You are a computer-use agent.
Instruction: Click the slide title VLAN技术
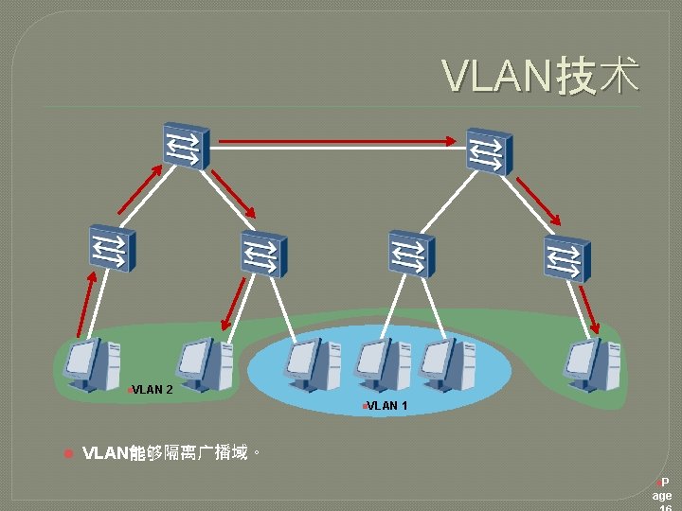[x=541, y=77]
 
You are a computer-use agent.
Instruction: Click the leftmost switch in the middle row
[x=112, y=248]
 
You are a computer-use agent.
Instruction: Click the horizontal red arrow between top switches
[x=336, y=142]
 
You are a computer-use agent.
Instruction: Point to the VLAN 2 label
[x=152, y=389]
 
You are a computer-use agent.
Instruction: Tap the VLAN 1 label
[x=386, y=406]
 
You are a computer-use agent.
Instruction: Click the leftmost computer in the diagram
[x=94, y=363]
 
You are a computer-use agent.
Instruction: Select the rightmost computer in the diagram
[x=593, y=363]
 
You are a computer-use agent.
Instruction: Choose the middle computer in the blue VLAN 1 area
[x=380, y=363]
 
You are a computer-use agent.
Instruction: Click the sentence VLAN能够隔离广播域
[x=170, y=452]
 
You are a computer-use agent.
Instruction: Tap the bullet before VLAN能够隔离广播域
[x=67, y=453]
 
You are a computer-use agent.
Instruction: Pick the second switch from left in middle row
[x=262, y=254]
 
